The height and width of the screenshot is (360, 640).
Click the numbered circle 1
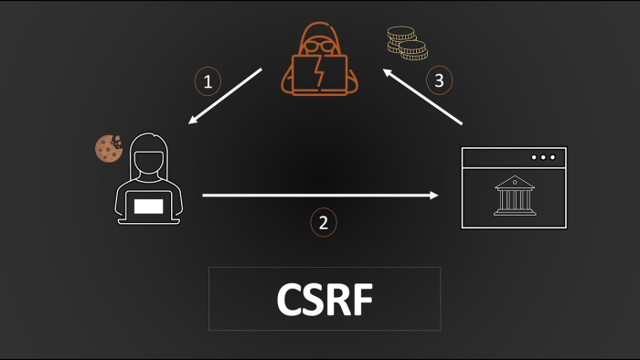tap(208, 81)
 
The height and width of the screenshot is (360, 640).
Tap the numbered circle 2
tap(322, 222)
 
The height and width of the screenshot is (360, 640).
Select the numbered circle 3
tap(439, 80)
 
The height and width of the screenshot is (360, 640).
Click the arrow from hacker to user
tap(224, 96)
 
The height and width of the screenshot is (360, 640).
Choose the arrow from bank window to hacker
tap(422, 95)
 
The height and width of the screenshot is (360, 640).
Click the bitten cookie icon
tap(109, 148)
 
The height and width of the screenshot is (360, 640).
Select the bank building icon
tap(515, 196)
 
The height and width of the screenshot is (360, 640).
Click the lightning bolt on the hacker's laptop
tap(320, 73)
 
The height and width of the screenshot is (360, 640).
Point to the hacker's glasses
tap(319, 47)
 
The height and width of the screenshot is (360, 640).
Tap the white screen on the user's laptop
tap(149, 206)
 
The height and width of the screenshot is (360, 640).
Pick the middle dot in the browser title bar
tap(543, 157)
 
